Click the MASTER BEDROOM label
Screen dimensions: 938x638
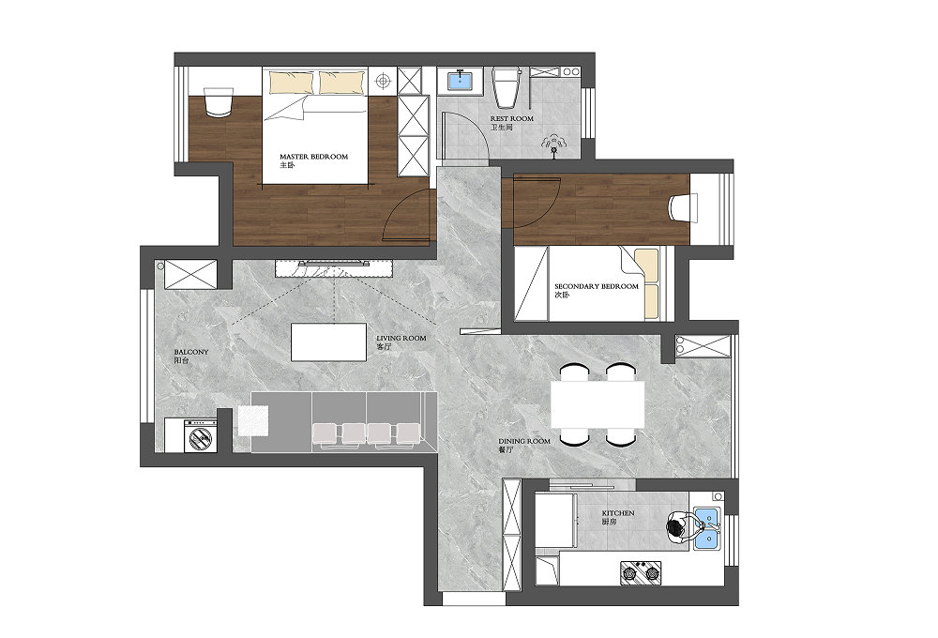(313, 157)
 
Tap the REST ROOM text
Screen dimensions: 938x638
(511, 118)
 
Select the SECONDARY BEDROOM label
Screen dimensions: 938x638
(597, 286)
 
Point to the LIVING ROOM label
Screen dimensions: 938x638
(401, 338)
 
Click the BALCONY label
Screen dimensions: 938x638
(191, 352)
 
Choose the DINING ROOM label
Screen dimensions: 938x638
(524, 441)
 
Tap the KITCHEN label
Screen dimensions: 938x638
(618, 513)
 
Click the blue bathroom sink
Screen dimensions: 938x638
(460, 80)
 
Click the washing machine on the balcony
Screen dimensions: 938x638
(201, 435)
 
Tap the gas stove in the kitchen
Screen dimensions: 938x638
(641, 572)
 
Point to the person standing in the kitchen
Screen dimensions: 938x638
(684, 527)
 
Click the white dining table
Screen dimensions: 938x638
(597, 404)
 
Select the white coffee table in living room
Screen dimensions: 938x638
(328, 342)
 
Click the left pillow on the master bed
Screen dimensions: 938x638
(291, 83)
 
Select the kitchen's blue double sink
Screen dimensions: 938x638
(706, 529)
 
